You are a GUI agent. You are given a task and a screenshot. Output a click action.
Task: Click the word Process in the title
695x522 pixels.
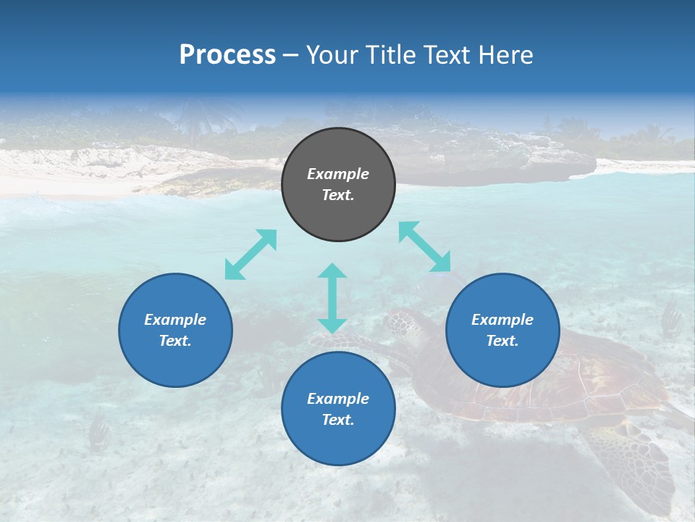pos(227,55)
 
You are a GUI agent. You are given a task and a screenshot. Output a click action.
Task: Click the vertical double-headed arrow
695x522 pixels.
pos(332,298)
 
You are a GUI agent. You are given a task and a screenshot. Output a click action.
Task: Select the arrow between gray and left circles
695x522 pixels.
pos(250,254)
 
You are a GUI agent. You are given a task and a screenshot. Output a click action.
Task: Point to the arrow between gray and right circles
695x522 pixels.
pos(425,246)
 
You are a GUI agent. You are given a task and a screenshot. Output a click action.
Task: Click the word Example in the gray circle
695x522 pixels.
pos(338,174)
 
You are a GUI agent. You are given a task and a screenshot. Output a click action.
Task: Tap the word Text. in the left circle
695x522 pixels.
pos(175,341)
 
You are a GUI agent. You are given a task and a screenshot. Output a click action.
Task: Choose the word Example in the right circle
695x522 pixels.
pos(502,320)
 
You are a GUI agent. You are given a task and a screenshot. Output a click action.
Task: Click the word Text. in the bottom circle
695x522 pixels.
pos(338,420)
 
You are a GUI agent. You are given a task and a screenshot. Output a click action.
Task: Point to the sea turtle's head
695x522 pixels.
pos(403,323)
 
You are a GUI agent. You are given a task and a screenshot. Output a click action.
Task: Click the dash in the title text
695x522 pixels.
pos(290,55)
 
